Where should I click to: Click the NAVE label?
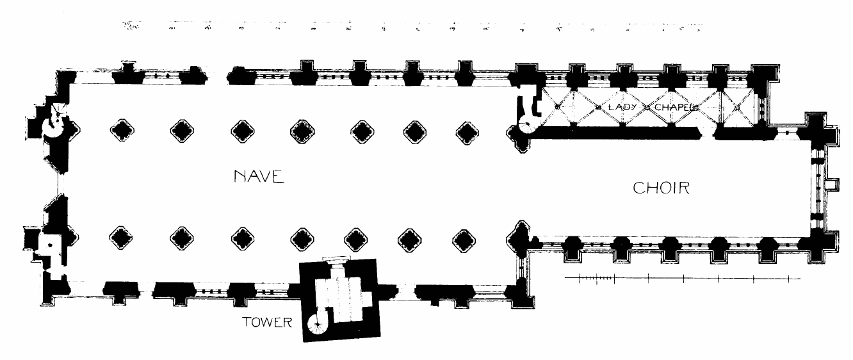(x=259, y=177)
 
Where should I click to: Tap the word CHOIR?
(x=660, y=188)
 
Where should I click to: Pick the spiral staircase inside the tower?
(x=316, y=327)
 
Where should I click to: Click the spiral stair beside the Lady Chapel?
(x=530, y=127)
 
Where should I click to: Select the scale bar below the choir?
(x=682, y=278)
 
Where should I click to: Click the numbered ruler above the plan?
(x=410, y=27)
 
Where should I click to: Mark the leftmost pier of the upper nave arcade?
(x=121, y=131)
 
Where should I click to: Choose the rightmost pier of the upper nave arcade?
(x=466, y=132)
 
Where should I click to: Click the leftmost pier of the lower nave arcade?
(x=121, y=239)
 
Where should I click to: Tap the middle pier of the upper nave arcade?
(x=302, y=132)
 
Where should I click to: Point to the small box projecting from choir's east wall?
(x=831, y=185)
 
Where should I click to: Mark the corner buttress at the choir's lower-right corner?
(x=822, y=243)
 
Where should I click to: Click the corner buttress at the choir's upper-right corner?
(x=820, y=128)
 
